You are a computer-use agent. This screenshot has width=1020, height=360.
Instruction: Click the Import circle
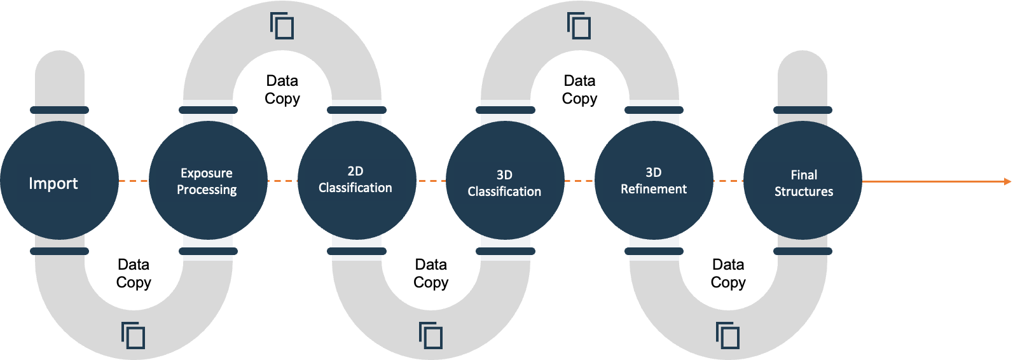(59, 181)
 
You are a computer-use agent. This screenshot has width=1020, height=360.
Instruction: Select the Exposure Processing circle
(208, 181)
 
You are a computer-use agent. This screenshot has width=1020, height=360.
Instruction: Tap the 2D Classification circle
(357, 181)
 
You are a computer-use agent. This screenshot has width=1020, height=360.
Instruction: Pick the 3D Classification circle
(505, 181)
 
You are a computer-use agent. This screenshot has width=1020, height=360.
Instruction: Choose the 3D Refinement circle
(654, 181)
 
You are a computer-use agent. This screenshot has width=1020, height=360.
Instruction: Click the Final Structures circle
(803, 181)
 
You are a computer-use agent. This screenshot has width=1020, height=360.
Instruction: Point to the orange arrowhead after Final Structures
(1007, 181)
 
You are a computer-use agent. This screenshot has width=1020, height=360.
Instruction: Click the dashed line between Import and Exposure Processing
(134, 181)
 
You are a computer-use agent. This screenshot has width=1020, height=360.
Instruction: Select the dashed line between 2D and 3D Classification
(431, 181)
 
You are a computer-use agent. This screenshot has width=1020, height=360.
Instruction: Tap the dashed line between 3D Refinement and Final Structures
(728, 181)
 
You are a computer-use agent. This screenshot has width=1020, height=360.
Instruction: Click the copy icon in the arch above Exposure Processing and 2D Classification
(282, 25)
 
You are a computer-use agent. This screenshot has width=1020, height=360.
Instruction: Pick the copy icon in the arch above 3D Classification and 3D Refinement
(579, 25)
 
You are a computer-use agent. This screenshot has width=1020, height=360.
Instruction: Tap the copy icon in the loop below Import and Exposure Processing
(133, 335)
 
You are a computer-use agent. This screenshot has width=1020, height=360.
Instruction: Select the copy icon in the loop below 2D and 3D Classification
(431, 335)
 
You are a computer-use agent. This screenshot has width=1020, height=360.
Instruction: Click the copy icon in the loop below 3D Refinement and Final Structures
(727, 335)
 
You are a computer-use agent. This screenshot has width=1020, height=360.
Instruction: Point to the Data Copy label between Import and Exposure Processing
(134, 273)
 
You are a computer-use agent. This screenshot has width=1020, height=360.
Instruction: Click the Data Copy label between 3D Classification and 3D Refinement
(579, 90)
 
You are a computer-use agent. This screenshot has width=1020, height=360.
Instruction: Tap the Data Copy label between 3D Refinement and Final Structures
(728, 273)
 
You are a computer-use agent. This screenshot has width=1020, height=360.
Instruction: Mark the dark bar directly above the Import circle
(59, 110)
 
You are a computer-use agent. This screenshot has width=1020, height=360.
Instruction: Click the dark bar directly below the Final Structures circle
(803, 251)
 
